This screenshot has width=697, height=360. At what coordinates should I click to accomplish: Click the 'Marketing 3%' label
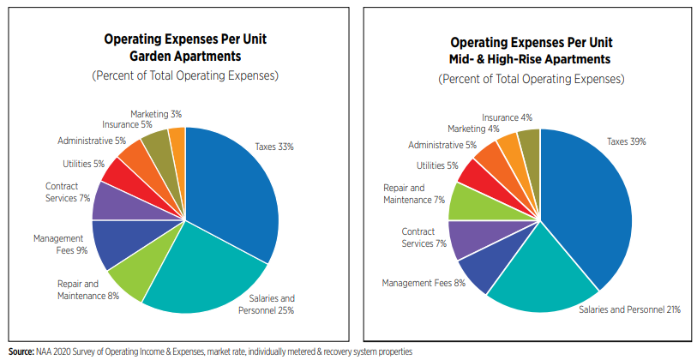[156, 113]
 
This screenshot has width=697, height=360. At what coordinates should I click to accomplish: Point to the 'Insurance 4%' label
[507, 117]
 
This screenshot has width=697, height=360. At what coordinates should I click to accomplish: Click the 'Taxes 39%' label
[626, 141]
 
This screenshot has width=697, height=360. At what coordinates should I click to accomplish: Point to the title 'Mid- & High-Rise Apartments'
[531, 59]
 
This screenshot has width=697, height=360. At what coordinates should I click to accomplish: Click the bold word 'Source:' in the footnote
[19, 351]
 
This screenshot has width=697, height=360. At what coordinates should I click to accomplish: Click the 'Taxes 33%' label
[274, 147]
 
